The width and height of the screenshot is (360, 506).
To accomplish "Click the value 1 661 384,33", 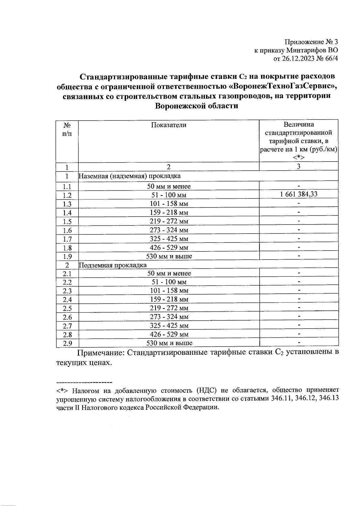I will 298,194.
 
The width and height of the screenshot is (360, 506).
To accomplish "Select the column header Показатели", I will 168,125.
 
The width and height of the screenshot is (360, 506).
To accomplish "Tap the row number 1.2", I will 67,195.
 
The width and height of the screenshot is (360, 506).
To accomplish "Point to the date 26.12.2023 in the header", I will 297,58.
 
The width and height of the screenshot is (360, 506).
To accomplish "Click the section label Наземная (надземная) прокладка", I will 130,176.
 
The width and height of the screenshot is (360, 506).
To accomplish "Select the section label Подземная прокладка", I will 113,265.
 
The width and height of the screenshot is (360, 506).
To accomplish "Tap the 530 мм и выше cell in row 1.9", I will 169,256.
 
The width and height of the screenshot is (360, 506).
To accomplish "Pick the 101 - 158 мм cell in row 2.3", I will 169,290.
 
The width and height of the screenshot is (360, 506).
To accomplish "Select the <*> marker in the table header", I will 298,157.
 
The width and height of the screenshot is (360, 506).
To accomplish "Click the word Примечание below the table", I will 100,352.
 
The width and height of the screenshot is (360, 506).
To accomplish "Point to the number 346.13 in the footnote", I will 328,399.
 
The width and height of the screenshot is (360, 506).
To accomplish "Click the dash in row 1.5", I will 298,221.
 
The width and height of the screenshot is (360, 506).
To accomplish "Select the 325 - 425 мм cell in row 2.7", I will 169,326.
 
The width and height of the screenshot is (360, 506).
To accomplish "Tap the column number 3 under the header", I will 298,167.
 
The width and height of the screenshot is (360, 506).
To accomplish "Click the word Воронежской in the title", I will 179,106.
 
